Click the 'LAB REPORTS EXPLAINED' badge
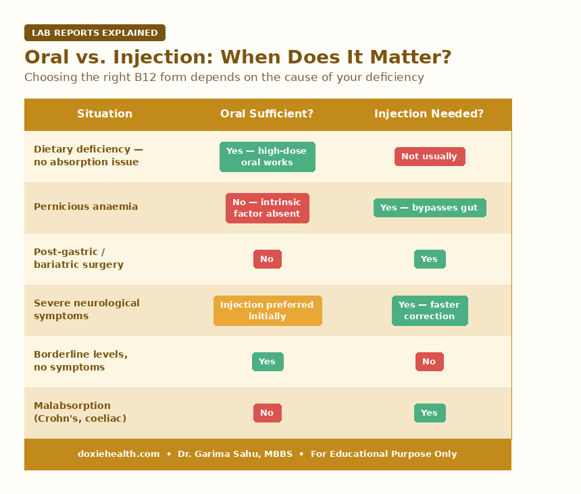pyautogui.click(x=95, y=33)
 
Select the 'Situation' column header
pyautogui.click(x=105, y=114)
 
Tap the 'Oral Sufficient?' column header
pyautogui.click(x=267, y=114)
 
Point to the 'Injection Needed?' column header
pyautogui.click(x=429, y=114)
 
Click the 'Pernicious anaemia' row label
pyautogui.click(x=86, y=207)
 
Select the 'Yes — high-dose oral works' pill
pyautogui.click(x=267, y=157)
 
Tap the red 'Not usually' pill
pyautogui.click(x=429, y=157)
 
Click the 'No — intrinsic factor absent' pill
pyautogui.click(x=267, y=208)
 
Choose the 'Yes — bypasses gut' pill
pyautogui.click(x=429, y=208)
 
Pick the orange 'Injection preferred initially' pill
pyautogui.click(x=267, y=310)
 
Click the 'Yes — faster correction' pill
pyautogui.click(x=429, y=310)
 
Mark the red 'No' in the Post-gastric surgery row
pyautogui.click(x=267, y=259)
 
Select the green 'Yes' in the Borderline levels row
pyautogui.click(x=267, y=362)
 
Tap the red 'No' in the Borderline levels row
pyautogui.click(x=429, y=362)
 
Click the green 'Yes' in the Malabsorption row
pyautogui.click(x=429, y=413)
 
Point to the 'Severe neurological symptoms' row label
pyautogui.click(x=86, y=310)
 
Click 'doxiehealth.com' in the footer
pyautogui.click(x=118, y=454)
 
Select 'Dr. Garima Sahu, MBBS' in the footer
pyautogui.click(x=235, y=454)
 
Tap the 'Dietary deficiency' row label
pyautogui.click(x=88, y=156)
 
